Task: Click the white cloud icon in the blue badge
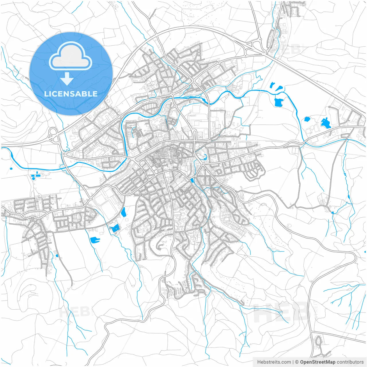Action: pos(71,57)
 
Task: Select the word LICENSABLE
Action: pos(71,94)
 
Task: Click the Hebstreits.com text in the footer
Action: pos(274,362)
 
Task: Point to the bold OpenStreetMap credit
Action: pos(317,362)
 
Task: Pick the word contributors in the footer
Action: pos(350,362)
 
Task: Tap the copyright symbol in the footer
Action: pos(297,362)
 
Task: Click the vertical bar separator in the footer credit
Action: pos(293,362)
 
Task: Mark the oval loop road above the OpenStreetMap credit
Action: pos(318,341)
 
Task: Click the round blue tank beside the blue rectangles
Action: pos(34,178)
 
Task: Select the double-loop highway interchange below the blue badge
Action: pos(53,135)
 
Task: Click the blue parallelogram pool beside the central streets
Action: pos(192,181)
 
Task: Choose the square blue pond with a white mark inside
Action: pos(115,229)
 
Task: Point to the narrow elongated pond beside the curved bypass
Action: pos(124,212)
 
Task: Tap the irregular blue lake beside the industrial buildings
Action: pos(326,123)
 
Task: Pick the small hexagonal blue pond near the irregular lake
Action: pos(307,119)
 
